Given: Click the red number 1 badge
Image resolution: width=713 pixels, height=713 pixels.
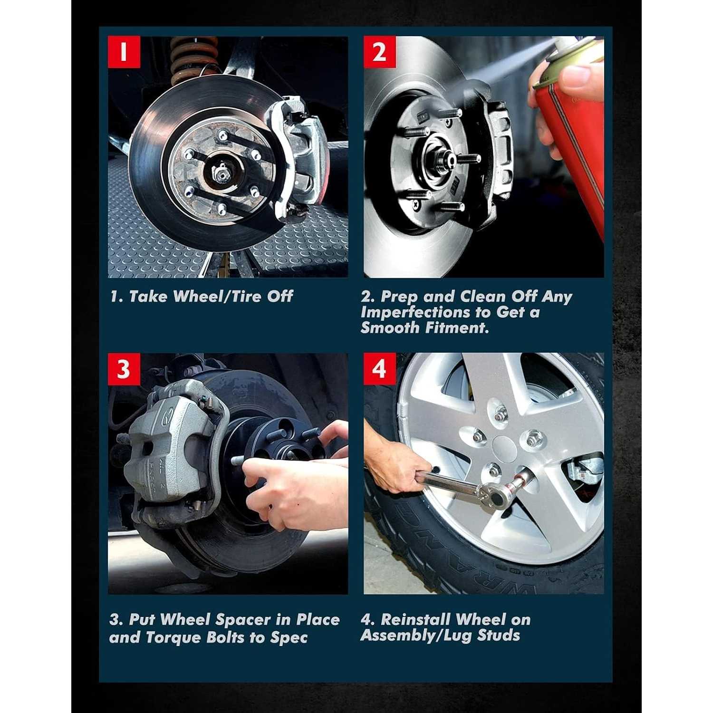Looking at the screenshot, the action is pyautogui.click(x=124, y=52).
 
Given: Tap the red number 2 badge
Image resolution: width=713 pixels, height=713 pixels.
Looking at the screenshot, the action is pyautogui.click(x=380, y=52).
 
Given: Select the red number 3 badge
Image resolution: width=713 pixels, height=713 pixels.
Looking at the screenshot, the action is pyautogui.click(x=124, y=369).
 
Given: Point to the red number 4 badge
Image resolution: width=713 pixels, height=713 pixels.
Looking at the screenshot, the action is pyautogui.click(x=380, y=369).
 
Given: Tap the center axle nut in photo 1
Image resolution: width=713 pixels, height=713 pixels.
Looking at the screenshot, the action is pyautogui.click(x=220, y=174).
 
